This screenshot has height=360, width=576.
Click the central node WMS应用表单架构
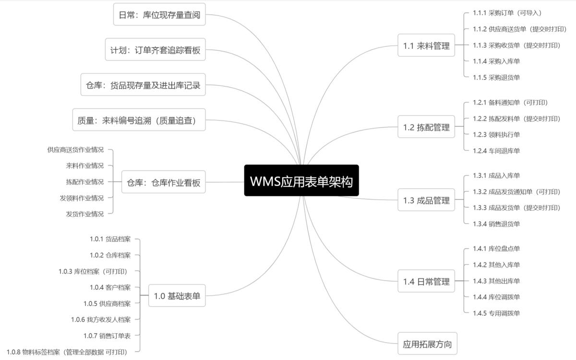301,180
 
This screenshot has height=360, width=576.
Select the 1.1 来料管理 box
426,46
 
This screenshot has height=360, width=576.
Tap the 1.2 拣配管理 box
426,127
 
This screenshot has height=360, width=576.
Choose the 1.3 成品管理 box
426,200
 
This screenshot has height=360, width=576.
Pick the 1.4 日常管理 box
426,281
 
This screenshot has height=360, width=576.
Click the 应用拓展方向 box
427,344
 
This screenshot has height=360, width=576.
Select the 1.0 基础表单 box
177,296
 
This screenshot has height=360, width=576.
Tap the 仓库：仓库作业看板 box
163,182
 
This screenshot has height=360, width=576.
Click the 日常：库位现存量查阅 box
159,14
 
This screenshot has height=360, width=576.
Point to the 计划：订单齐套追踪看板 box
155,49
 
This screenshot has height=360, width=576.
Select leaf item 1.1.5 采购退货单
496,77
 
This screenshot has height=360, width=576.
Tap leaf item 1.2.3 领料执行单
496,134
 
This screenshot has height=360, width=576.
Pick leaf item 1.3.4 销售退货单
496,224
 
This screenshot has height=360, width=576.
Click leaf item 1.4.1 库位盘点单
496,249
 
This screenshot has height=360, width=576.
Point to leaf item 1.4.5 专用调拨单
496,313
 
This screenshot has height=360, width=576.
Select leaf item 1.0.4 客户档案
110,288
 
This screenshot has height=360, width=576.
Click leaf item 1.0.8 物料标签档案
67,352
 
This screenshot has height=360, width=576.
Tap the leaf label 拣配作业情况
84,182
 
